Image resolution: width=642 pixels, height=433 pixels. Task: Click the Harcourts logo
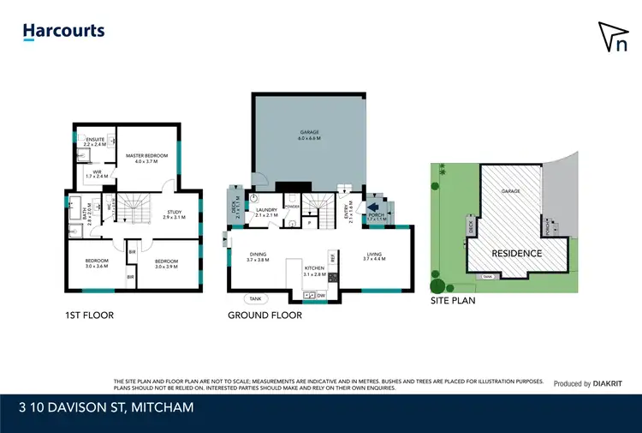tap(63, 32)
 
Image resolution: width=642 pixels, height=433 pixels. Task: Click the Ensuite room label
tap(94, 139)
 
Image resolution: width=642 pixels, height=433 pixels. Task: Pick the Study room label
tap(174, 214)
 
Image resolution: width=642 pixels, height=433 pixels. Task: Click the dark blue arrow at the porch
tap(373, 207)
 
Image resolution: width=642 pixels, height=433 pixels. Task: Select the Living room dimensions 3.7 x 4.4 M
tap(377, 258)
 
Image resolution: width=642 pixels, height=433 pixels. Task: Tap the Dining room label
tap(259, 254)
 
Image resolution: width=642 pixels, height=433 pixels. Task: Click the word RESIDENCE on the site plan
tap(517, 253)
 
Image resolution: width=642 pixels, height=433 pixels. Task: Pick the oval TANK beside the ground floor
tap(256, 298)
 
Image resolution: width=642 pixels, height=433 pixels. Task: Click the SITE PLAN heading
tap(453, 301)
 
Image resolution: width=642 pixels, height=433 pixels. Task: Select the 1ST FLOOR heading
tap(89, 315)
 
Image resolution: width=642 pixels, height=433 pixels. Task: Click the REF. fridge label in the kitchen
tap(332, 258)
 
